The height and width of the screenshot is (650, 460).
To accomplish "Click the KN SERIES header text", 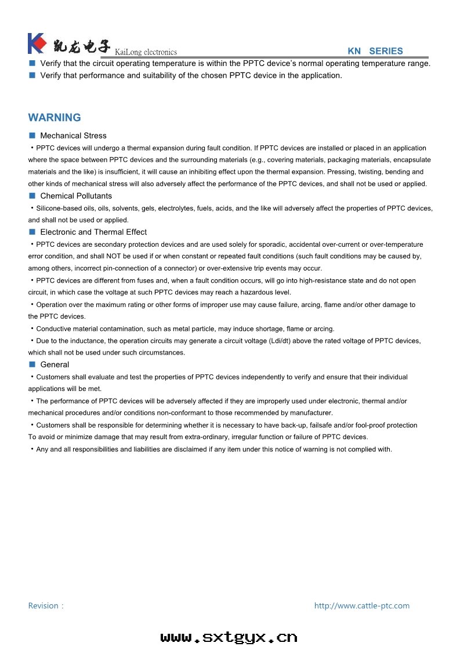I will tap(375, 51).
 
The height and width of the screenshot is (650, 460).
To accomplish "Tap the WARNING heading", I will tap(55, 118).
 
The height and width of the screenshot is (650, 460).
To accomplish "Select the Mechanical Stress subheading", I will tap(73, 136).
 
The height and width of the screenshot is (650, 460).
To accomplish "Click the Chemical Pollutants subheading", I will tap(76, 196).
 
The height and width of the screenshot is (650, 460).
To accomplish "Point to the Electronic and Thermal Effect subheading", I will tap(93, 232).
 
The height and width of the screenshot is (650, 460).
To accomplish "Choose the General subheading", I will tap(55, 364).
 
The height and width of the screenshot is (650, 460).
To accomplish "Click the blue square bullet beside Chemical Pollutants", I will tap(32, 196).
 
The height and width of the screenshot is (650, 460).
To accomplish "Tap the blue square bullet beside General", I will tap(32, 364).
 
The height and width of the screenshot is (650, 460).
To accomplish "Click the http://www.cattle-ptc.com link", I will tap(361, 605).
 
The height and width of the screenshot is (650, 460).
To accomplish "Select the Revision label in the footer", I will tap(44, 605).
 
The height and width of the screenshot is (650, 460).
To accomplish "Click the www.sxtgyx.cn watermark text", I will tap(229, 637).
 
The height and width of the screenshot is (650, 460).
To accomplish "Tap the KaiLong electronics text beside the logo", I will tap(146, 52).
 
